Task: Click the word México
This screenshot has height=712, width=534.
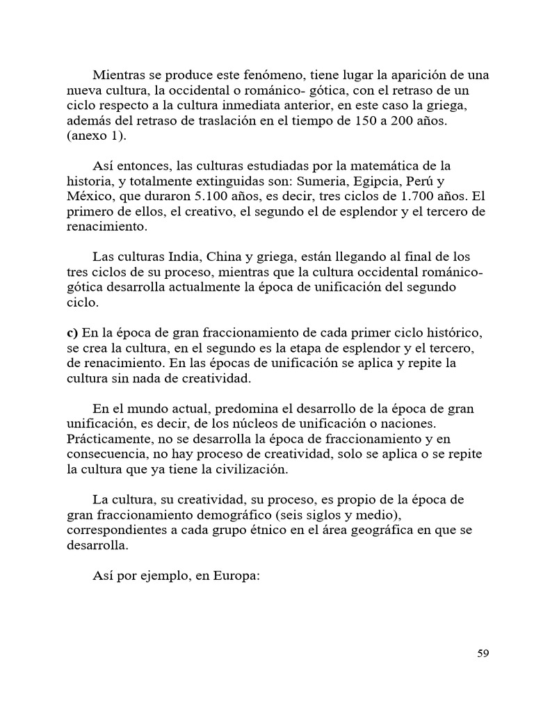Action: (x=90, y=196)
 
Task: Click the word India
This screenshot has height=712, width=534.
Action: (x=200, y=257)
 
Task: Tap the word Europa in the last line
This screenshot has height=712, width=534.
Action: (x=236, y=576)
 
